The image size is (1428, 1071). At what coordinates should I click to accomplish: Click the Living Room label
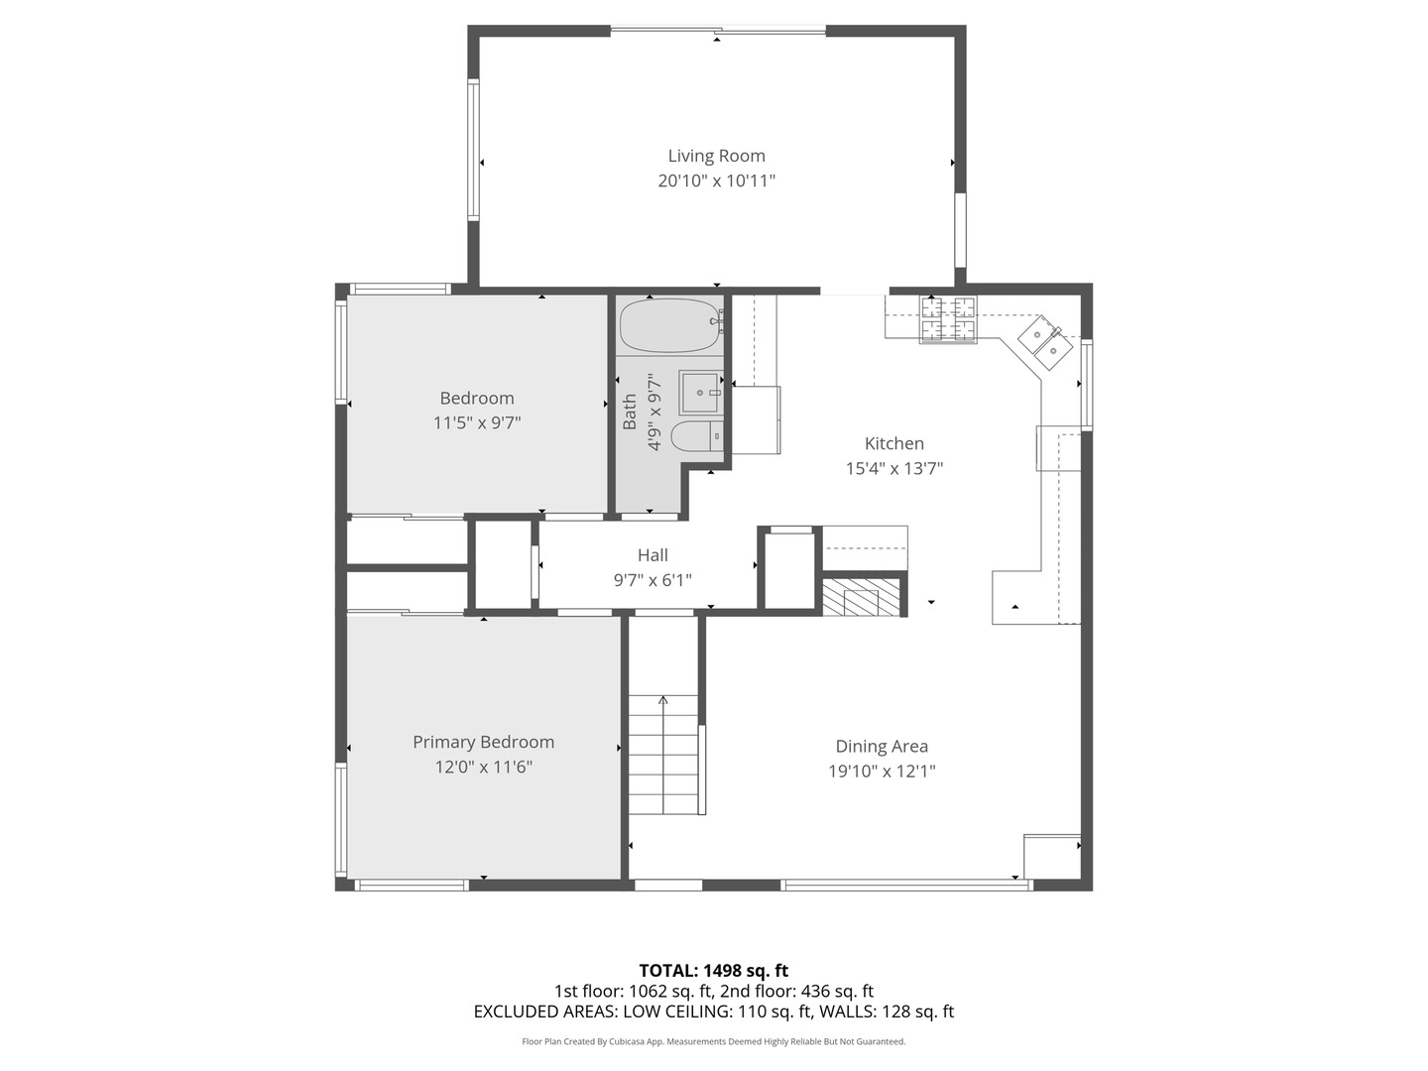[x=716, y=156]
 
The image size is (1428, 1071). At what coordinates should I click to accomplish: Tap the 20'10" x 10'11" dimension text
[x=716, y=180]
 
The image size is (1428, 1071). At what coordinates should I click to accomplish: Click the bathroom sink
[x=700, y=393]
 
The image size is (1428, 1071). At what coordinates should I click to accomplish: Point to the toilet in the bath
[x=696, y=435]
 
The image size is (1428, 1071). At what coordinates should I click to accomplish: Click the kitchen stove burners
[x=948, y=319]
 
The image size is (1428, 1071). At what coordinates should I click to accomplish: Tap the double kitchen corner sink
[x=1045, y=343]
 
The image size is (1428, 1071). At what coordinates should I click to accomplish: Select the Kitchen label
[x=893, y=443]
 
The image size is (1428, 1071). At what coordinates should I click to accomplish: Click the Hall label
[x=653, y=555]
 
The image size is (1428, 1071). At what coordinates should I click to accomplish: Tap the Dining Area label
[x=882, y=747]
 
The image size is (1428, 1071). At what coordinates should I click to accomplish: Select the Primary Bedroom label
[x=483, y=742]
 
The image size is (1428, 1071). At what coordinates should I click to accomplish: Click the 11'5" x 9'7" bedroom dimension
[x=477, y=423]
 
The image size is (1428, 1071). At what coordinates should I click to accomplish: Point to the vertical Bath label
[x=630, y=412]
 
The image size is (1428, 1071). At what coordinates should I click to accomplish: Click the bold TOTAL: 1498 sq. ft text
[x=714, y=971]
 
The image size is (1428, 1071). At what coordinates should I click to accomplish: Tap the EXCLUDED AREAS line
[x=714, y=1011]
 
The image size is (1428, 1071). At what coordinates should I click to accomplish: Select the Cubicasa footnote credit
[x=714, y=1041]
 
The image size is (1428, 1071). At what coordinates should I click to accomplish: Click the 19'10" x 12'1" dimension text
[x=882, y=772]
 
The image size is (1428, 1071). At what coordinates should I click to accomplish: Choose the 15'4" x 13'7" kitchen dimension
[x=893, y=468]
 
